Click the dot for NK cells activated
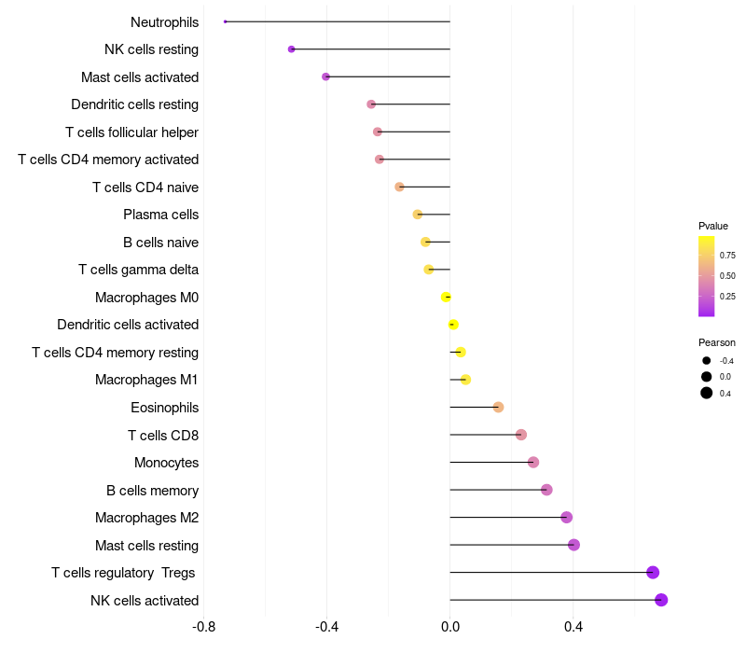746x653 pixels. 661,600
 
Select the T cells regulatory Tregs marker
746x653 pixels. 653,572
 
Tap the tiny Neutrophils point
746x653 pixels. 226,21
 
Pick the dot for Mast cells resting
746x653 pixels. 573,545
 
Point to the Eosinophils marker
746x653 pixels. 498,407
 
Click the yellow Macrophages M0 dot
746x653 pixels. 446,297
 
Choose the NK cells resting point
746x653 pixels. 292,49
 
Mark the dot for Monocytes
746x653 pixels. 533,462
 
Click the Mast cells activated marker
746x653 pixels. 325,76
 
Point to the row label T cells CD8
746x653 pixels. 163,435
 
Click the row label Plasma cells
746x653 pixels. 161,215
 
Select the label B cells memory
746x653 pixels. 152,490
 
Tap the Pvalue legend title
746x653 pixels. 713,226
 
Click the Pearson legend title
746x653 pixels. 717,342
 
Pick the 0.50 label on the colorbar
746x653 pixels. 727,275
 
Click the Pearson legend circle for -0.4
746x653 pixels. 707,361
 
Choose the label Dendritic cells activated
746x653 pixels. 128,325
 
